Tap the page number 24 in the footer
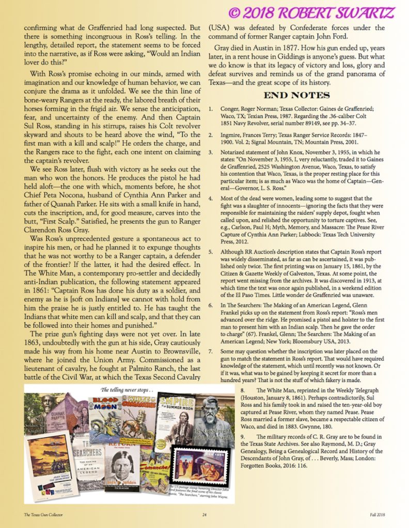[204, 515]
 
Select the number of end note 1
[211, 109]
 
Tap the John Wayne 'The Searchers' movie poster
[51, 467]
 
